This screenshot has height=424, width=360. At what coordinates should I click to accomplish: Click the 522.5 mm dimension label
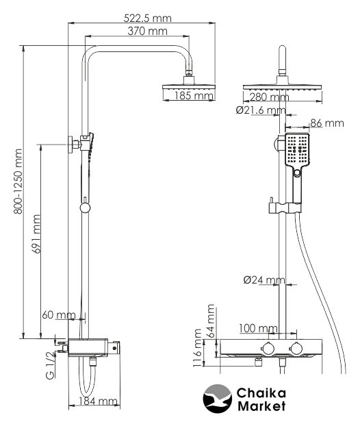coord(148,18)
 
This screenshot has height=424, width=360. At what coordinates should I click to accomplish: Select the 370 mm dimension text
coord(148,31)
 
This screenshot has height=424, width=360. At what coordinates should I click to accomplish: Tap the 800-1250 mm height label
coord(18,181)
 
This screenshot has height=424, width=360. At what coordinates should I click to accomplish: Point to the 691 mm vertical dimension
coord(36,234)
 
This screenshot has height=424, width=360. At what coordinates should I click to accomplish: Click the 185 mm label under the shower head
coord(194,95)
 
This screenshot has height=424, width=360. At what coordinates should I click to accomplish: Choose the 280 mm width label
coord(269,97)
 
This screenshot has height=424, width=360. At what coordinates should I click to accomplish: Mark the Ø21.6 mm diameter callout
coord(261,110)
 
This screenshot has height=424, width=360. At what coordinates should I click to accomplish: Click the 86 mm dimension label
coord(327,123)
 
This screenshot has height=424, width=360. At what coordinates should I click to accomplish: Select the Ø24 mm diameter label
coord(264,279)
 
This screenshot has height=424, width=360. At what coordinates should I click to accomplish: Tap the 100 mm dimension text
coord(258,328)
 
